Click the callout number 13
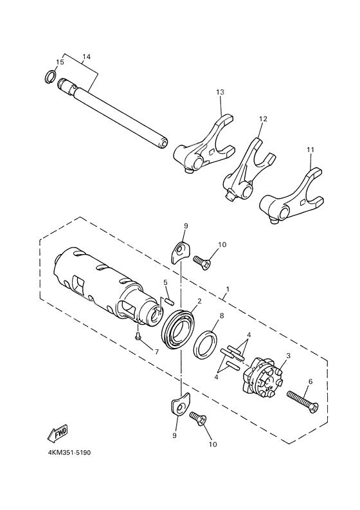tap(220, 93)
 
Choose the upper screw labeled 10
tap(204, 263)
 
